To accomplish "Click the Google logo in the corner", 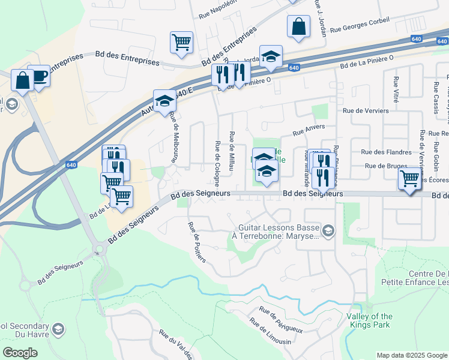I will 20,353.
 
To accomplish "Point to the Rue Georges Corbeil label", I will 360,24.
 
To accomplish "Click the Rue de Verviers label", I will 365,110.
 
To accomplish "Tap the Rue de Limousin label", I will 271,334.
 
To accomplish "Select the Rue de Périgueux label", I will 280,319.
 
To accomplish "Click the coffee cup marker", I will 39,76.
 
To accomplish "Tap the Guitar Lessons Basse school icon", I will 328,230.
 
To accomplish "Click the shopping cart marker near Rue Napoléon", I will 181,42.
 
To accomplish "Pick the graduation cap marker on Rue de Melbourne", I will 164,100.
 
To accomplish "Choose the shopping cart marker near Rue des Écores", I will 409,178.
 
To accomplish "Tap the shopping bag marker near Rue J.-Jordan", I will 298,27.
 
